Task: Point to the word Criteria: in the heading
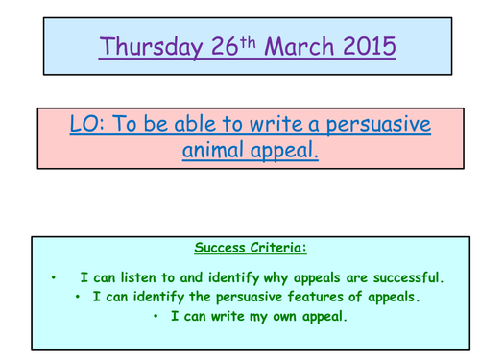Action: [x=276, y=248]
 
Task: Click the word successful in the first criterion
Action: [x=402, y=278]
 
